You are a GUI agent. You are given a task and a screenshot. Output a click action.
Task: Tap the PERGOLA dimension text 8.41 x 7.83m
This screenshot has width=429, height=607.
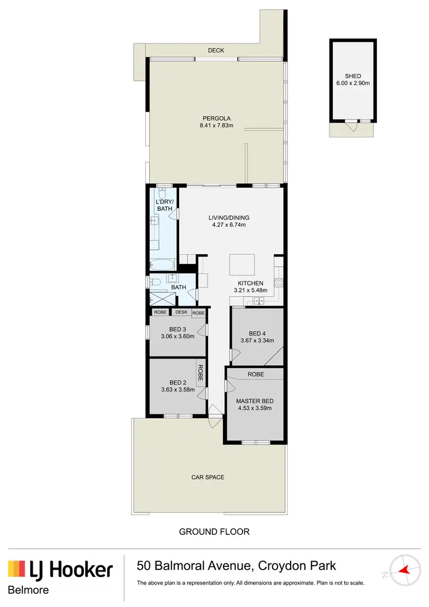pos(216,126)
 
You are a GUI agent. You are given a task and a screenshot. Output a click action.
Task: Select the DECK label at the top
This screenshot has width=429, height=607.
pos(216,51)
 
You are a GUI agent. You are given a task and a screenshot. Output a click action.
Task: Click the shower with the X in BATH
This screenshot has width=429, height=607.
pos(158,298)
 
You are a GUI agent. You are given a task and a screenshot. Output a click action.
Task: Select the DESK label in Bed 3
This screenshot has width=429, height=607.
pos(181,312)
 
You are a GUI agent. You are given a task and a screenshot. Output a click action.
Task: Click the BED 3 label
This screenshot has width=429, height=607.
pos(178,329)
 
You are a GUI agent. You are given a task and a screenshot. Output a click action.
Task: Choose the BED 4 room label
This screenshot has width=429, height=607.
pos(257,333)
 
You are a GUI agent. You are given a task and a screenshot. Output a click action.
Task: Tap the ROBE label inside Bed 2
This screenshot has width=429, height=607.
pos(201,373)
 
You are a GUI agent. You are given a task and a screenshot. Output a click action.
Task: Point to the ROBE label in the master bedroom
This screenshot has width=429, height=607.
pos(255,374)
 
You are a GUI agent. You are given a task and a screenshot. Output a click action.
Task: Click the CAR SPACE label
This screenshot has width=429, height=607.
pos(208,477)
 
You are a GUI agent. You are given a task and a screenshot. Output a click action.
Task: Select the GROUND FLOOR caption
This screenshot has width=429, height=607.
pos(214,532)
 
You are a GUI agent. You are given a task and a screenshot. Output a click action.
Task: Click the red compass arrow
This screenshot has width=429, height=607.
pos(407,570)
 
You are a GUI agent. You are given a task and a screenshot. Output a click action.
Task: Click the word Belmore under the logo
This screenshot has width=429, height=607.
pos(28,590)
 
